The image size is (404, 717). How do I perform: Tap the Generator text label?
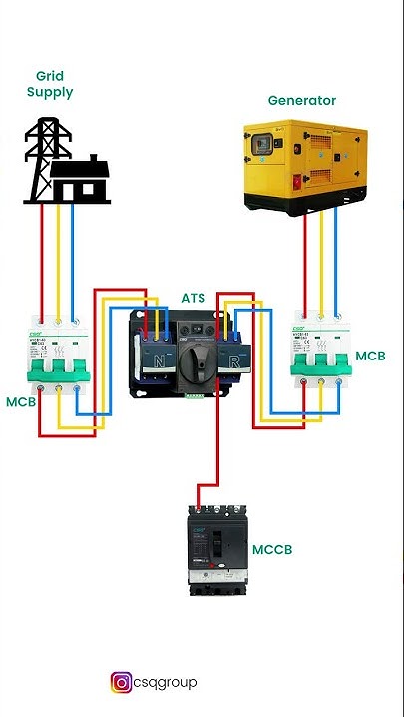pos(301,100)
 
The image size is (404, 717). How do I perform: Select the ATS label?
pos(194,298)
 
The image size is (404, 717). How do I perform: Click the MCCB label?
pos(272,549)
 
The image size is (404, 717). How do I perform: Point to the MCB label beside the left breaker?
pos(21,402)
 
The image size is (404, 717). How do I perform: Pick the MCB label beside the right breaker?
pos(370,356)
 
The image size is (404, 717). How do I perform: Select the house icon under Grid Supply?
pos(79,182)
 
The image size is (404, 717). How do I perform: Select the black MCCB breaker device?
pos(215,549)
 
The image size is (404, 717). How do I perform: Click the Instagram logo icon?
pos(121,682)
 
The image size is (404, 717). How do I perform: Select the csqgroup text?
pos(167,682)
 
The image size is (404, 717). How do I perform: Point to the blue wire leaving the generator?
pos(339,259)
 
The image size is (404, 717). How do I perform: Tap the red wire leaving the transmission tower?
pos(40,259)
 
